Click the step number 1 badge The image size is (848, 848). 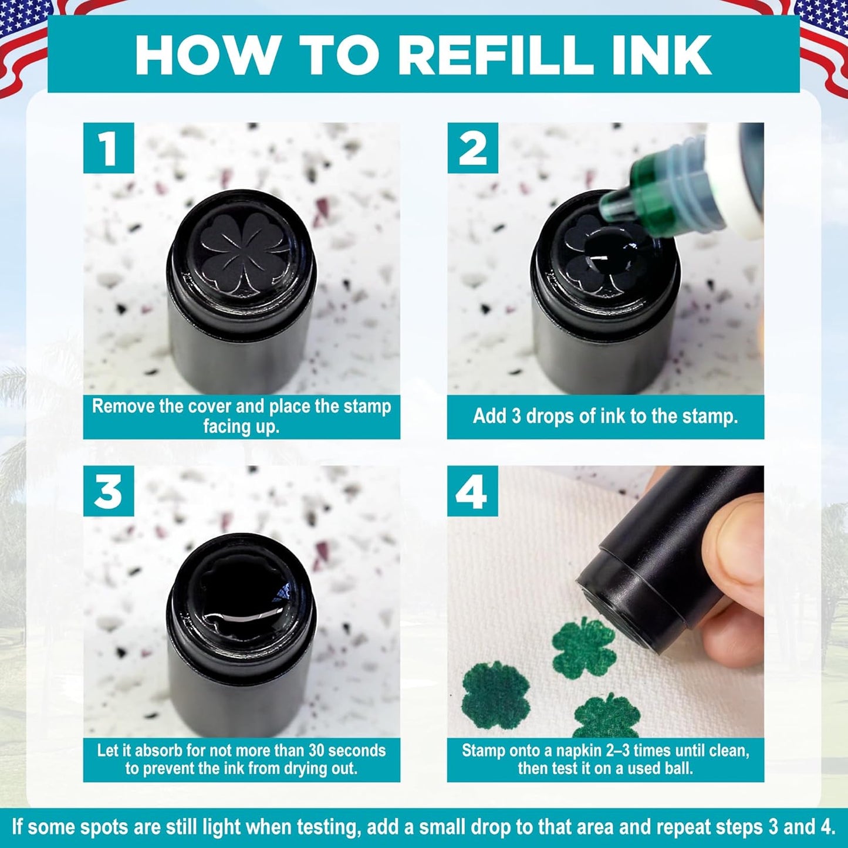coord(108,148)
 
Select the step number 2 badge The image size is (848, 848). coord(472,148)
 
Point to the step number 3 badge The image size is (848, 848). coord(108,491)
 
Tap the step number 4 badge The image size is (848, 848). coord(472,491)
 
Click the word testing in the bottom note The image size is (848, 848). coord(326,828)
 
